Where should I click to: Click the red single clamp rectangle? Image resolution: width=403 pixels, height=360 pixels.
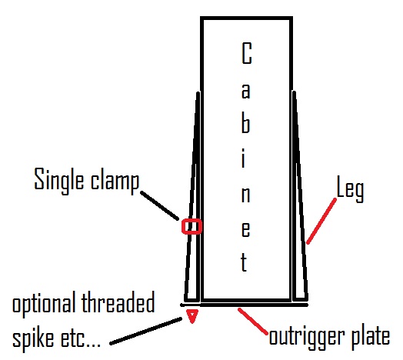pos(192,219)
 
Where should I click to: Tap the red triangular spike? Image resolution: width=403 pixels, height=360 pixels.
pos(192,316)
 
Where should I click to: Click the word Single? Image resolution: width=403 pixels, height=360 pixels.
pos(59,181)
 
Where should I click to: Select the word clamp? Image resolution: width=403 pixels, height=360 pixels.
pos(115,181)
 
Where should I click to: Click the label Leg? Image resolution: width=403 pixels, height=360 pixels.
pos(350,189)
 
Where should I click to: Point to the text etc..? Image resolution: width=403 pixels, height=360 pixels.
pos(80,339)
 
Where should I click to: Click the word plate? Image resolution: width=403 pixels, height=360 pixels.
pos(371,336)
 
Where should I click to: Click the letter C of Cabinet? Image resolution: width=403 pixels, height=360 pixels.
pos(246,53)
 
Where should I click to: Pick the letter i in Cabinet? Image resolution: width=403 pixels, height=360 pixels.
pos(244,158)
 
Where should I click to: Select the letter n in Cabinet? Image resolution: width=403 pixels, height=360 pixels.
pos(245,193)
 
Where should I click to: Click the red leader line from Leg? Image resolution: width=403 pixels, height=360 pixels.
pos(321,221)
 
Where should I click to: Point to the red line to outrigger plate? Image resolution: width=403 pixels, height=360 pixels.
pos(253,322)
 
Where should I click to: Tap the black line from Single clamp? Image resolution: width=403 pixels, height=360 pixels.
pos(160,205)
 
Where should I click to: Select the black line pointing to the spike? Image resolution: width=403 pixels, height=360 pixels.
pos(145,332)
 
